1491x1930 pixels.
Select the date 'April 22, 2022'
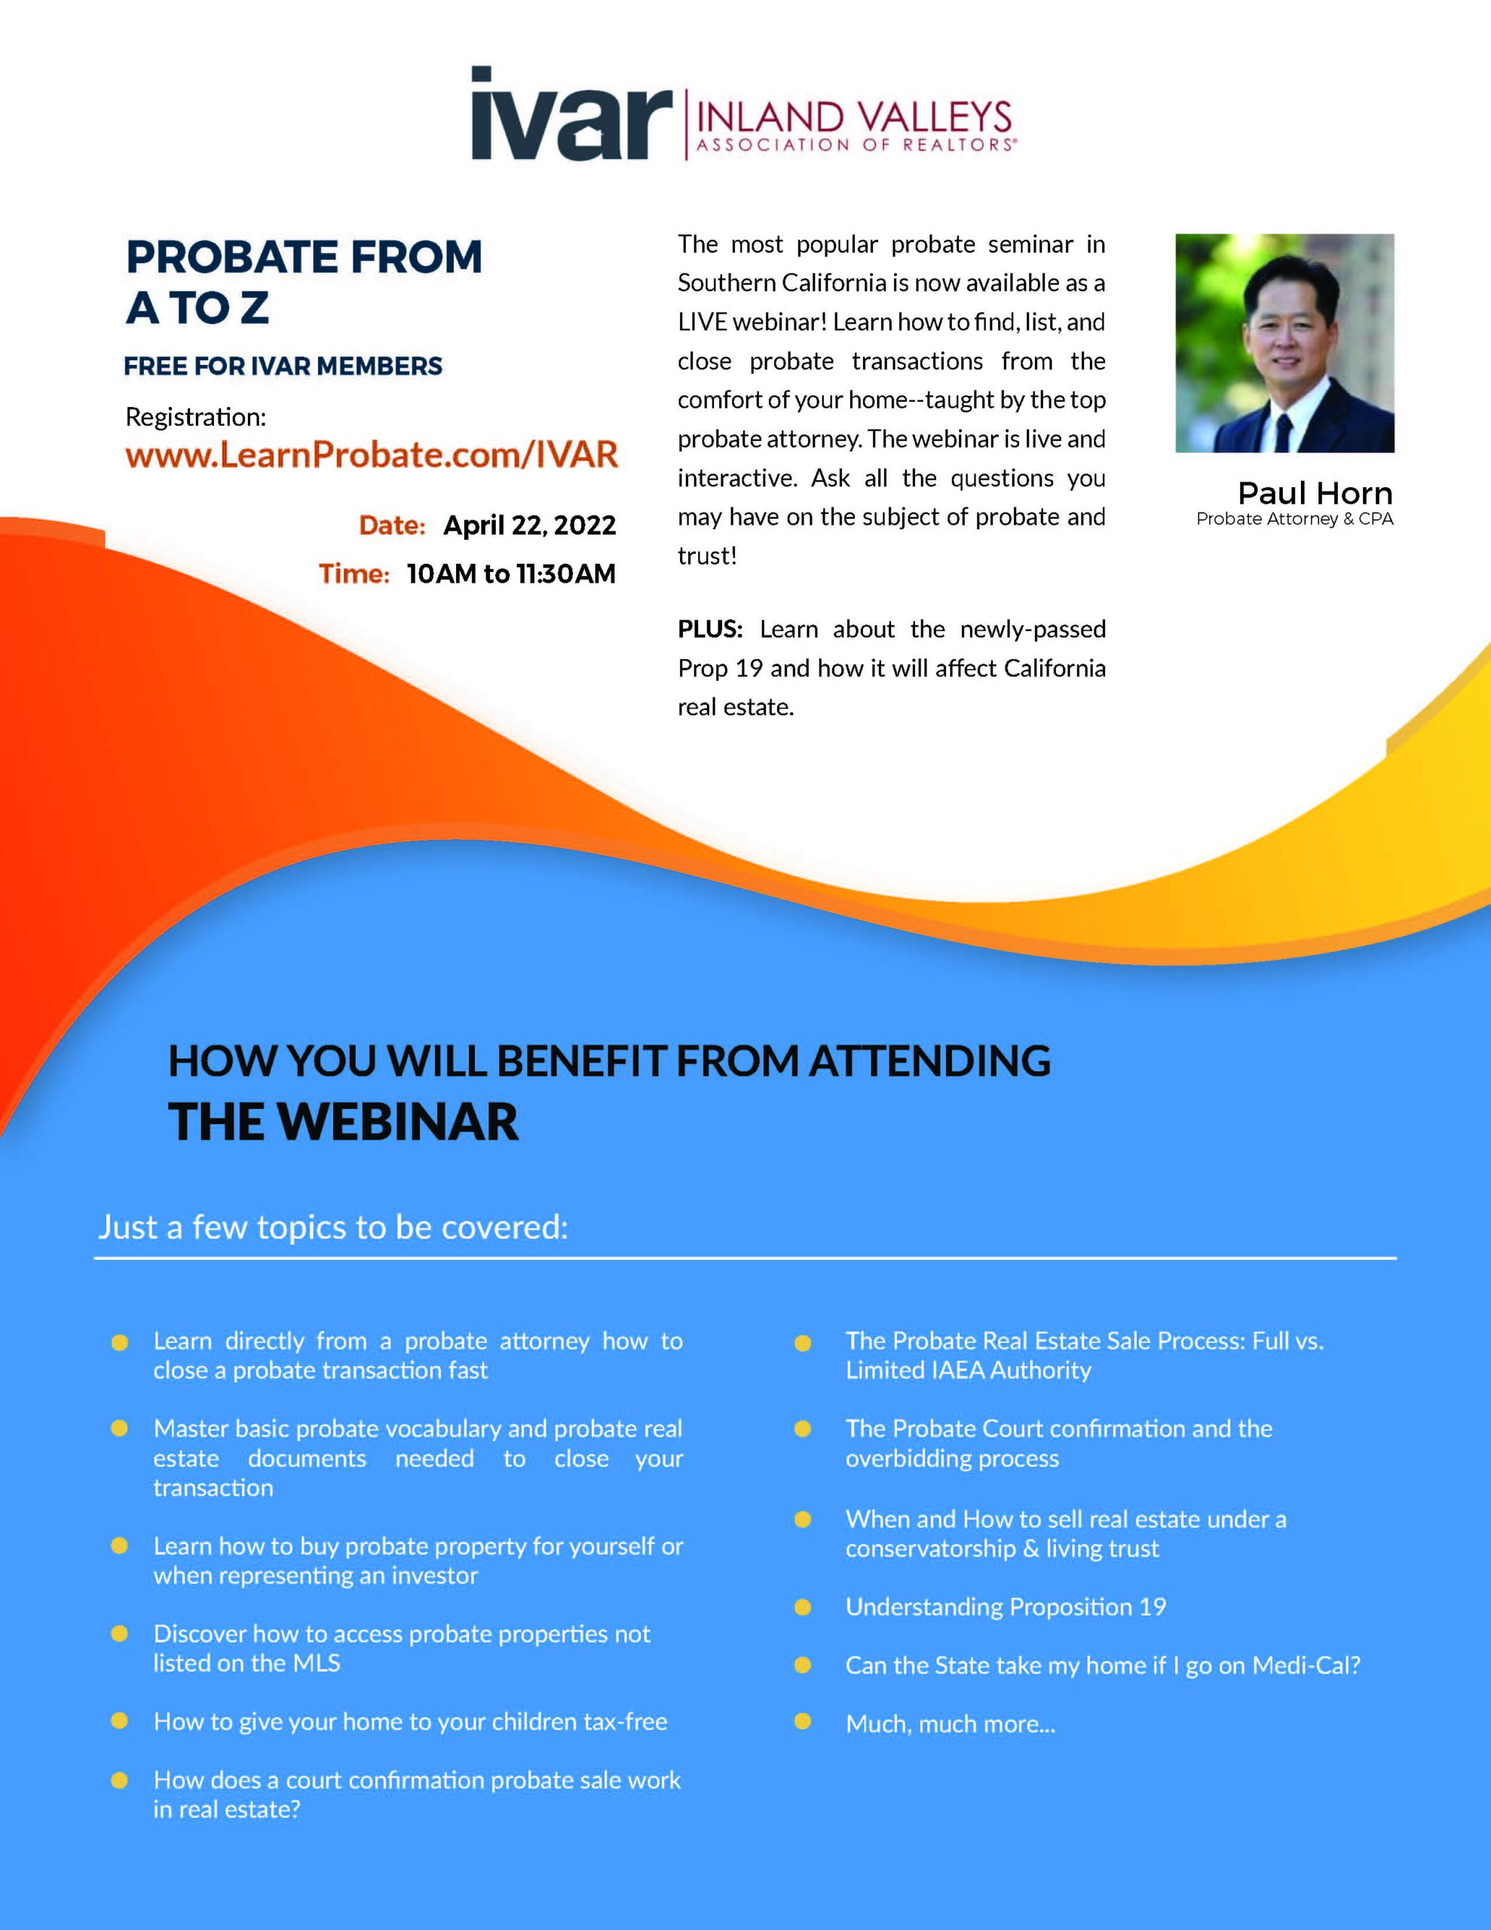(x=529, y=525)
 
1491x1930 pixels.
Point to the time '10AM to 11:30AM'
(x=511, y=574)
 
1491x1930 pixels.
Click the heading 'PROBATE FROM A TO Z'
(x=304, y=282)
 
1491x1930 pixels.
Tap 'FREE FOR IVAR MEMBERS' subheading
(x=283, y=366)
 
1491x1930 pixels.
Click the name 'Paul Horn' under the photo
(x=1315, y=492)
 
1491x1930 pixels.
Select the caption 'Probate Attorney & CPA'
(x=1295, y=519)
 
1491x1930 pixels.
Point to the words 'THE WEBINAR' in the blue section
(x=343, y=1121)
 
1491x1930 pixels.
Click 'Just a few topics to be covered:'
(x=333, y=1227)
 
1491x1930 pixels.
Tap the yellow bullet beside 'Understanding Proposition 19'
(x=803, y=1607)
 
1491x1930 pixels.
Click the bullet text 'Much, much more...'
(x=950, y=1723)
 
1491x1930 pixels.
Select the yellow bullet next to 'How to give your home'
(x=119, y=1720)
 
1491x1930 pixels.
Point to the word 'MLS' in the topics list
(x=317, y=1662)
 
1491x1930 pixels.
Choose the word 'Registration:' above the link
(x=195, y=417)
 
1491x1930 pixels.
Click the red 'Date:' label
(x=391, y=525)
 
